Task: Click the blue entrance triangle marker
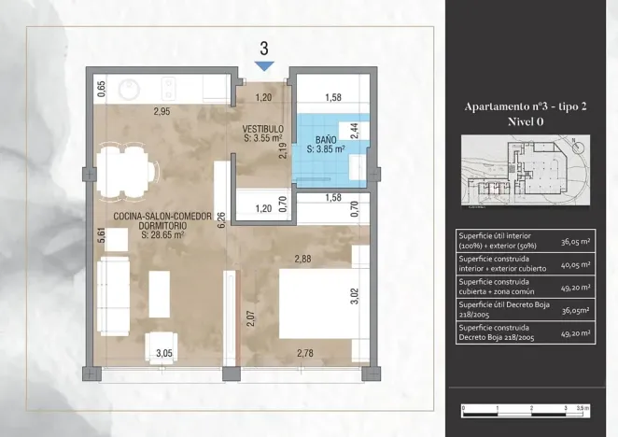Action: coord(264,65)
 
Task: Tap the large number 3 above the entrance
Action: coord(264,48)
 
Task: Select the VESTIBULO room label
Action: coord(262,128)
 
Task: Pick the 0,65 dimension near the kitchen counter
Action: coord(101,90)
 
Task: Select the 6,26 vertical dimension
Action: coord(221,219)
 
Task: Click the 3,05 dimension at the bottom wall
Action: coord(163,353)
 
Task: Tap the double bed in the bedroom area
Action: coord(315,302)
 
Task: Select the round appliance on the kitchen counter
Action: coord(129,89)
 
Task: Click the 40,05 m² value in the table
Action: coord(581,263)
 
